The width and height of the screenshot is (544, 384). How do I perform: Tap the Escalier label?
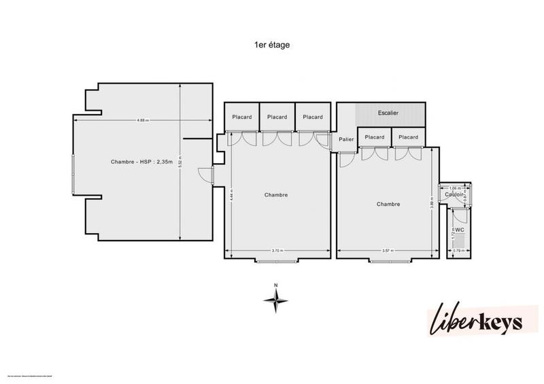388,113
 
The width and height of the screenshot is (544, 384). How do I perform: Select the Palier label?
346,139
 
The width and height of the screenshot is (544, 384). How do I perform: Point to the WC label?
460,230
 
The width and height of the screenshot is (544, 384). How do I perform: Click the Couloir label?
454,194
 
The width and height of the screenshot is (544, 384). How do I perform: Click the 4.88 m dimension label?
143,120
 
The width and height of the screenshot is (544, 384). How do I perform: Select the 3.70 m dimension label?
277,251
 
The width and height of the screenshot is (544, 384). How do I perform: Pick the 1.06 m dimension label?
454,187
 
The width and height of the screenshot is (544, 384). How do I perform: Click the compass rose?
276,299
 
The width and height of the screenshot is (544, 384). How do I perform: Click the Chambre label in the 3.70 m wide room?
276,194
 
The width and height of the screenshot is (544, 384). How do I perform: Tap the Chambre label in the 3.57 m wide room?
388,204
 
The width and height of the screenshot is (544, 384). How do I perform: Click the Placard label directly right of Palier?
375,137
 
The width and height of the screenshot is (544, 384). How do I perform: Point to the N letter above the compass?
275,285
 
